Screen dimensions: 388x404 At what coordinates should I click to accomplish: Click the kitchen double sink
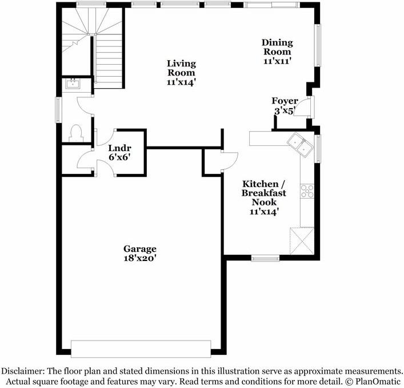click(300, 145)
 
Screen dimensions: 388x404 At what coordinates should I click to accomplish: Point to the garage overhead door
click(141, 349)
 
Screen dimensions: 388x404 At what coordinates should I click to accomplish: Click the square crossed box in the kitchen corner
click(301, 240)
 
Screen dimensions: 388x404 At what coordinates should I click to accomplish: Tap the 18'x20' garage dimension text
click(140, 258)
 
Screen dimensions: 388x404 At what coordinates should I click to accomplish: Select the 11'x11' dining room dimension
click(277, 61)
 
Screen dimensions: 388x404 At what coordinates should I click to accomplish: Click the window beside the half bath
click(58, 109)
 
